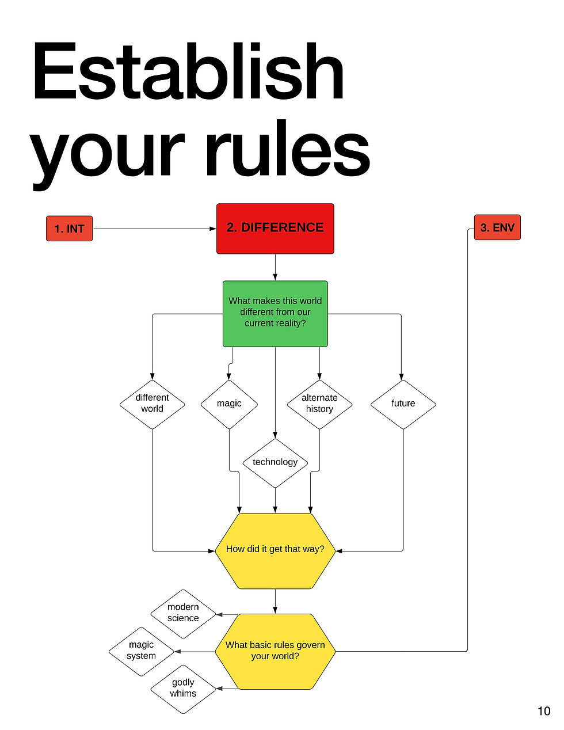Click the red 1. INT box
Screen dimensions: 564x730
point(69,229)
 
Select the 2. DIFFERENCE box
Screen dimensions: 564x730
point(275,229)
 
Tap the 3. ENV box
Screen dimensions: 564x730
point(497,227)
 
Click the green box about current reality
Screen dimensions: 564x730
point(275,314)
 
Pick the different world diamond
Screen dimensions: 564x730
point(152,404)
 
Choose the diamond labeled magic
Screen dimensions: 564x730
point(229,404)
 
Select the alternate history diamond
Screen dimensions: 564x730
point(319,404)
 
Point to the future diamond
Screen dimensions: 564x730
point(403,404)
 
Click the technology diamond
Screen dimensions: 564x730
point(275,463)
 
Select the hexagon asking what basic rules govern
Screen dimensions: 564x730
point(275,651)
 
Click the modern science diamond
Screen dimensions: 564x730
point(183,614)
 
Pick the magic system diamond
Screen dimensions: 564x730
point(142,651)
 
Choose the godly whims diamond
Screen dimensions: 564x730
point(183,689)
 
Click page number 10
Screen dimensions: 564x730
point(544,711)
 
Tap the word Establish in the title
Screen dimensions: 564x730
point(188,71)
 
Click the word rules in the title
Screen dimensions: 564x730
point(288,148)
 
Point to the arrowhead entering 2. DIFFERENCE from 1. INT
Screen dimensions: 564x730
point(213,229)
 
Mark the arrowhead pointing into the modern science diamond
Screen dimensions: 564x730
point(220,614)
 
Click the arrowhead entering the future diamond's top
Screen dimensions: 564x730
point(401,377)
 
